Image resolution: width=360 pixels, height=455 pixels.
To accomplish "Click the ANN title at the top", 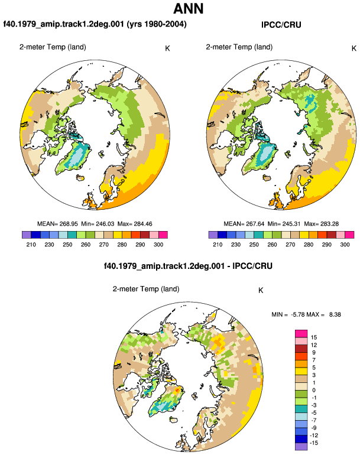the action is (188, 9).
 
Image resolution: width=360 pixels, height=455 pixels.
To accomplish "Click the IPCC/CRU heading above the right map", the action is (281, 25).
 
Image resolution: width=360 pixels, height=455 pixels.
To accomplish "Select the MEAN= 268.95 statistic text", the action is (57, 224).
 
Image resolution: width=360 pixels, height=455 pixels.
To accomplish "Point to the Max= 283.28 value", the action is (322, 224).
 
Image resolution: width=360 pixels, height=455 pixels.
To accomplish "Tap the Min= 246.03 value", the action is (98, 224).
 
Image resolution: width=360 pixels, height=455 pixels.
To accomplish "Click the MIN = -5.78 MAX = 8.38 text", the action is (306, 314).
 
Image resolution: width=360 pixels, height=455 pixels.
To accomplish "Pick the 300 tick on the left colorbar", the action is (158, 245).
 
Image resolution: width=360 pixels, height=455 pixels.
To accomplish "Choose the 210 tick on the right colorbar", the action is (218, 245).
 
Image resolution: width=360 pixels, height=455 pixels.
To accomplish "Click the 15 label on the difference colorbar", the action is (314, 337).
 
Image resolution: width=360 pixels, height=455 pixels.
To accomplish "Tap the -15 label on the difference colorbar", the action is (314, 443).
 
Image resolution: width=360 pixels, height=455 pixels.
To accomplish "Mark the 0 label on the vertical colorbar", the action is (314, 390).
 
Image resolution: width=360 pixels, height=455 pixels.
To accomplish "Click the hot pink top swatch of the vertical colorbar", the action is (301, 334).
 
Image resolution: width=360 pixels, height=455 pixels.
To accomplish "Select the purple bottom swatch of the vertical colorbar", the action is (301, 447).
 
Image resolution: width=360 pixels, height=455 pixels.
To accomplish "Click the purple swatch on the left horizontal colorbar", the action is (27, 235).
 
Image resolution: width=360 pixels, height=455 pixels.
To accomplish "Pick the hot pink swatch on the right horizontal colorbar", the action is (349, 235).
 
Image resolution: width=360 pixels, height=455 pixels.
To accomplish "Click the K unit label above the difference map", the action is (261, 291).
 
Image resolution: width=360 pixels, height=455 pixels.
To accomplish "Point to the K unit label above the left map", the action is (167, 48).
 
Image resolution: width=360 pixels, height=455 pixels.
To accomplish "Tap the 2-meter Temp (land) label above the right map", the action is (239, 47).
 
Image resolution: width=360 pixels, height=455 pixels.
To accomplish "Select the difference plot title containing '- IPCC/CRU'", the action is (188, 266).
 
